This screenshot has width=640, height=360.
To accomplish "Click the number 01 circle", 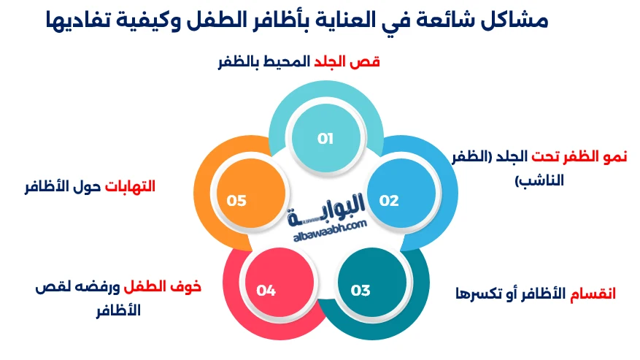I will click(x=325, y=138).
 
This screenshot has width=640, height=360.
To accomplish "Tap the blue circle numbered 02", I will click(x=389, y=200).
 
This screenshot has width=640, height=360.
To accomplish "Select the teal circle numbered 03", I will click(x=361, y=290).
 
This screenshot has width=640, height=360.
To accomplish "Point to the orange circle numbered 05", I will click(x=236, y=200).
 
